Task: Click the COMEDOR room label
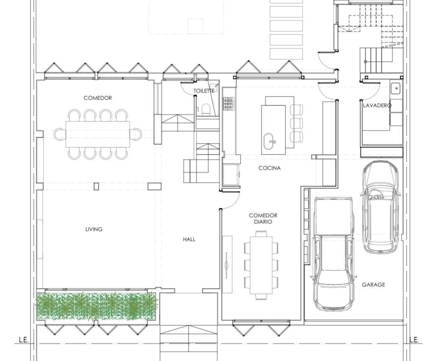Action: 98,98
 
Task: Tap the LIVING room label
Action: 94,229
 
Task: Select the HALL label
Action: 189,239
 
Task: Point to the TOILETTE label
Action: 204,91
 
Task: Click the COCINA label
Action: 270,168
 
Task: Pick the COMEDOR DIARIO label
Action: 263,219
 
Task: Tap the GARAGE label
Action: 374,285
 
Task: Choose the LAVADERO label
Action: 377,105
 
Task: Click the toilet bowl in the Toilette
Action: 206,110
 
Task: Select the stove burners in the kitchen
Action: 228,104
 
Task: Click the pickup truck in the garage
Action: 333,254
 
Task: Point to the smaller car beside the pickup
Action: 381,207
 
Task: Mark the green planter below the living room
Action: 96,307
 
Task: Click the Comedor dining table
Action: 98,134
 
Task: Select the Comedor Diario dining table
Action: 261,265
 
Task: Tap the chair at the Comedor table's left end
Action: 60,134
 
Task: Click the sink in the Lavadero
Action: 396,88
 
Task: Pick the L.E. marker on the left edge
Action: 23,340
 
